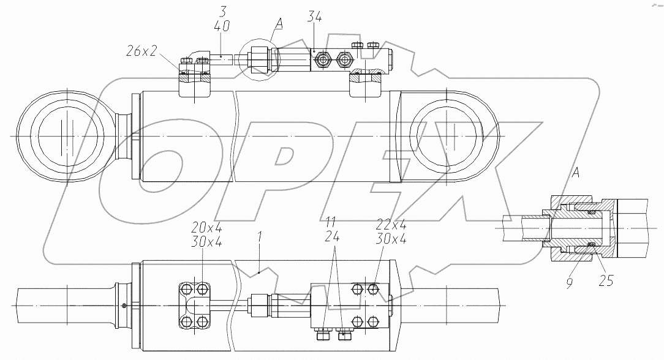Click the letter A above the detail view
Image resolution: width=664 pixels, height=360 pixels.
click(576, 173)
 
